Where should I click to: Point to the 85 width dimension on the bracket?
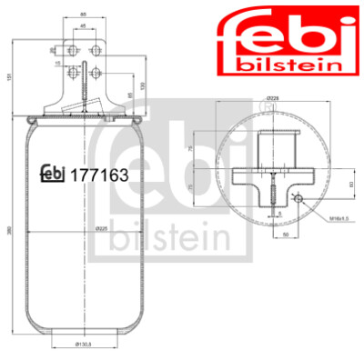(84, 15)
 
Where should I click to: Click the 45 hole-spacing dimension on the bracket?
(84, 27)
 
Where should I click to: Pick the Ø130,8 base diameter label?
(84, 345)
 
